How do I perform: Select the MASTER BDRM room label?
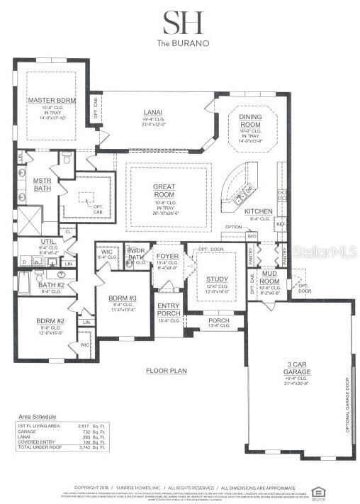coord(51,99)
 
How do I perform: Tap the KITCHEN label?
coord(258,211)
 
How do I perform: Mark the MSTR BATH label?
coord(43,184)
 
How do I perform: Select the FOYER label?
coord(167,257)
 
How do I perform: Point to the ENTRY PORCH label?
coord(168,308)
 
